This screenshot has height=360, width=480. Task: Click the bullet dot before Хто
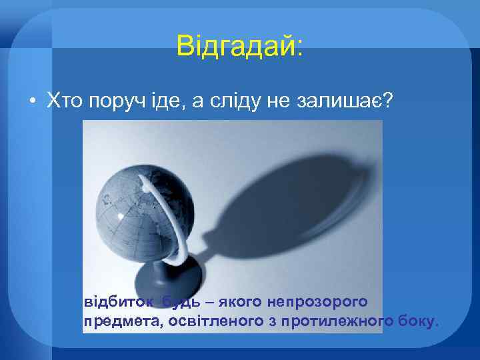tap(32, 101)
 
